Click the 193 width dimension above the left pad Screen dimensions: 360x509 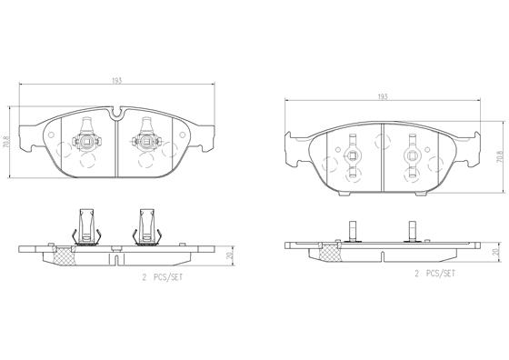coord(116,81)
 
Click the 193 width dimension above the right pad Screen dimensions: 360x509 coord(383,95)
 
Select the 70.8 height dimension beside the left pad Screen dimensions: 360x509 coord(6,142)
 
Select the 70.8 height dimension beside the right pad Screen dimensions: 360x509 coord(498,155)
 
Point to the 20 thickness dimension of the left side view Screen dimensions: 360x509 coord(234,232)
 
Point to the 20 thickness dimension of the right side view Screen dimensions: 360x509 coord(495,228)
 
